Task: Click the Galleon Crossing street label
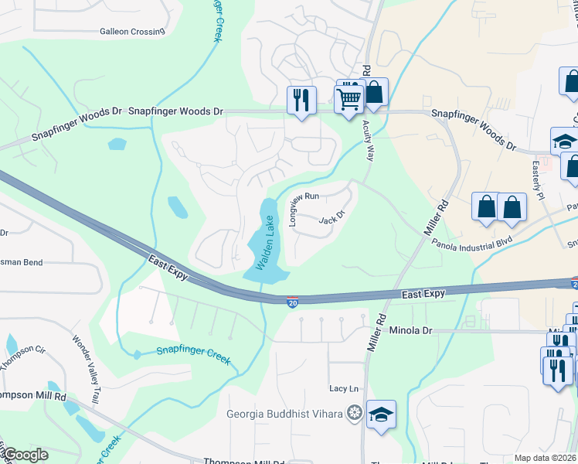click(x=132, y=32)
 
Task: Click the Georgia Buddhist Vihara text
click(x=284, y=413)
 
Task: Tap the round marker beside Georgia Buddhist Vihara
click(x=354, y=412)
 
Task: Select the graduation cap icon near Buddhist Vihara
click(x=381, y=415)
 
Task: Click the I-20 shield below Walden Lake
click(x=293, y=300)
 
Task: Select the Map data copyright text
click(x=545, y=458)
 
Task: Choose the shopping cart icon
click(x=348, y=98)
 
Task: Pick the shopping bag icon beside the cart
click(x=374, y=92)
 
